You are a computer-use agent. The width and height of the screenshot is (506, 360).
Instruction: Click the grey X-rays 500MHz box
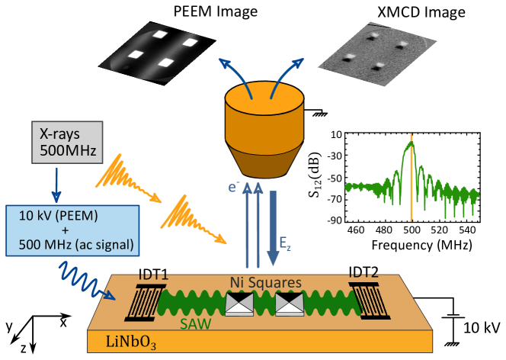coord(67,142)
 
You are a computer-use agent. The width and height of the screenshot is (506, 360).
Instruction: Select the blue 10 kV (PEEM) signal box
coord(72,230)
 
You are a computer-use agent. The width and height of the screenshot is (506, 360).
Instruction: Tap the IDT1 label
coord(154,275)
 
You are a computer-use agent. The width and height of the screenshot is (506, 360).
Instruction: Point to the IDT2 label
coord(363,272)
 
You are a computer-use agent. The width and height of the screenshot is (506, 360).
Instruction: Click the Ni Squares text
coord(266,282)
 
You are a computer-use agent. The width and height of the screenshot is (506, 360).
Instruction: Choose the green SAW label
coord(196,324)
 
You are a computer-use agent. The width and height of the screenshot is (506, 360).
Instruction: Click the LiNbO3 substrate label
coord(131,342)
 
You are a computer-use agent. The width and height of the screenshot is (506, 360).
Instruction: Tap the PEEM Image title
coord(216,11)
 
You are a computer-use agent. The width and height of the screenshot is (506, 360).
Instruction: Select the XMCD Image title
coord(421,12)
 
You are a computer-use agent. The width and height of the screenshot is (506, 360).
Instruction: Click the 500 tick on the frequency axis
coord(412,230)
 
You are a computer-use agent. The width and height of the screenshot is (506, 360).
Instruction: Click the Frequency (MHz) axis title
coord(421,245)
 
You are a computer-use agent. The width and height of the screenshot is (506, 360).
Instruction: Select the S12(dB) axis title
coord(315,175)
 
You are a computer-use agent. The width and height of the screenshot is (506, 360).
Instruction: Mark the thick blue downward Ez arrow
coord(273,228)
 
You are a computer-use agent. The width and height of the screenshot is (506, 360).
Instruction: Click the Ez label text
coord(285,243)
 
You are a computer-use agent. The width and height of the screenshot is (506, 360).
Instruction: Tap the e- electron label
coord(233,187)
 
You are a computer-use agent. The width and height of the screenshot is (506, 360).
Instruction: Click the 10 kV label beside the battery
coord(482,328)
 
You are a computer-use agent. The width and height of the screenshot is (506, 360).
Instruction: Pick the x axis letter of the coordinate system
coord(63,322)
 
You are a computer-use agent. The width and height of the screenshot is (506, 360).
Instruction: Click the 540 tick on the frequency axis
coord(467,230)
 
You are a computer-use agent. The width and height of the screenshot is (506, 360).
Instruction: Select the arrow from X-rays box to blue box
coord(56,185)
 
